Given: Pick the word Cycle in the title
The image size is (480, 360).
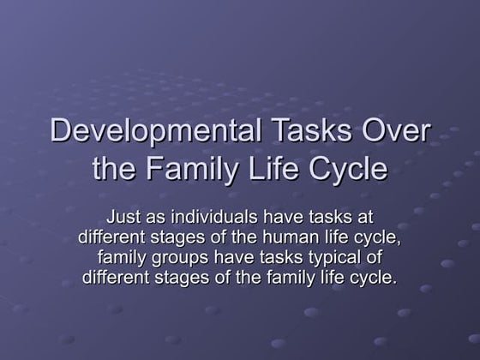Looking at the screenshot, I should pyautogui.click(x=342, y=169).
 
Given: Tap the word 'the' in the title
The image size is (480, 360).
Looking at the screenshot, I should pyautogui.click(x=111, y=169).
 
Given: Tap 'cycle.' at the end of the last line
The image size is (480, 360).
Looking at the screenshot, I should pyautogui.click(x=374, y=277).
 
